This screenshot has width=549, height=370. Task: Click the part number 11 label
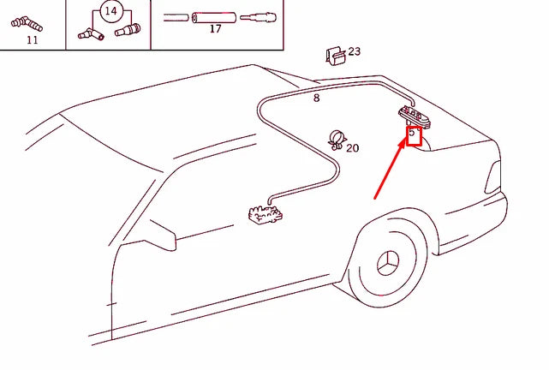point(33,39)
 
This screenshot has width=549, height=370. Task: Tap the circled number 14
point(110,11)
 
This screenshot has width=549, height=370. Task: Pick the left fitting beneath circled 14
point(88,33)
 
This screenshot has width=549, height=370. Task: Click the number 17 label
point(215,29)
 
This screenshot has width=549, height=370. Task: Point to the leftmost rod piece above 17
point(176,16)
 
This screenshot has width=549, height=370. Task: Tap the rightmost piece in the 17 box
point(257,16)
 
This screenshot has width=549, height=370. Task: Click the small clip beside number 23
point(336,55)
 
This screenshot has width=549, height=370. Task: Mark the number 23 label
point(354,51)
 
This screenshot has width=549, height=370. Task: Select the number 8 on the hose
point(316,98)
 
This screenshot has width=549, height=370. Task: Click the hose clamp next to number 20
point(337,139)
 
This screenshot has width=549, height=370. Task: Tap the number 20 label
point(352,147)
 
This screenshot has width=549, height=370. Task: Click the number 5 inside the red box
point(413,134)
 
